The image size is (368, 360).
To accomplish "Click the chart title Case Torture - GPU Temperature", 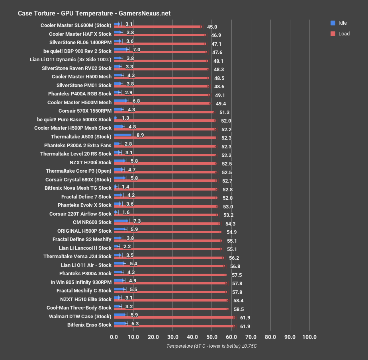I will (x=94, y=13).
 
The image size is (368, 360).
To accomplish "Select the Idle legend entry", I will (x=342, y=23).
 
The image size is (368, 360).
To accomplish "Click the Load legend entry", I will (x=344, y=34).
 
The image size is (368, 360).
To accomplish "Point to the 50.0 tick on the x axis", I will (x=211, y=337).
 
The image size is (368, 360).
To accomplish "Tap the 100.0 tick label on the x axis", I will (x=309, y=337).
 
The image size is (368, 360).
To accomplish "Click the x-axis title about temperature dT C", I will (x=211, y=346).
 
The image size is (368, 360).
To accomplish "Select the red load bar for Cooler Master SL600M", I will (x=157, y=27).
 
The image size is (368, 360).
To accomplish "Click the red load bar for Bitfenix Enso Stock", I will (x=174, y=326).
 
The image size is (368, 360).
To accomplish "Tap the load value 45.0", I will (x=212, y=27).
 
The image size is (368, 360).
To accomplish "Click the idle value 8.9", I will (x=140, y=135).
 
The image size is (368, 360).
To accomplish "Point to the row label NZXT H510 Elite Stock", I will (x=86, y=299).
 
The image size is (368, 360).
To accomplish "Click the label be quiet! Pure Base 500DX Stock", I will (x=74, y=119).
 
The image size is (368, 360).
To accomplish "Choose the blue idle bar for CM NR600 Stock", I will (x=121, y=220).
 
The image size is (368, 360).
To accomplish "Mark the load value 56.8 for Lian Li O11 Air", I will (x=235, y=267).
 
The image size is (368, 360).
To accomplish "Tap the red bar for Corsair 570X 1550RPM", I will (x=164, y=113).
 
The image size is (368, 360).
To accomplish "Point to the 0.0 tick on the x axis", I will (x=114, y=337).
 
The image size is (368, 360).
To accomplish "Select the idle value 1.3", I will (x=125, y=118).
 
